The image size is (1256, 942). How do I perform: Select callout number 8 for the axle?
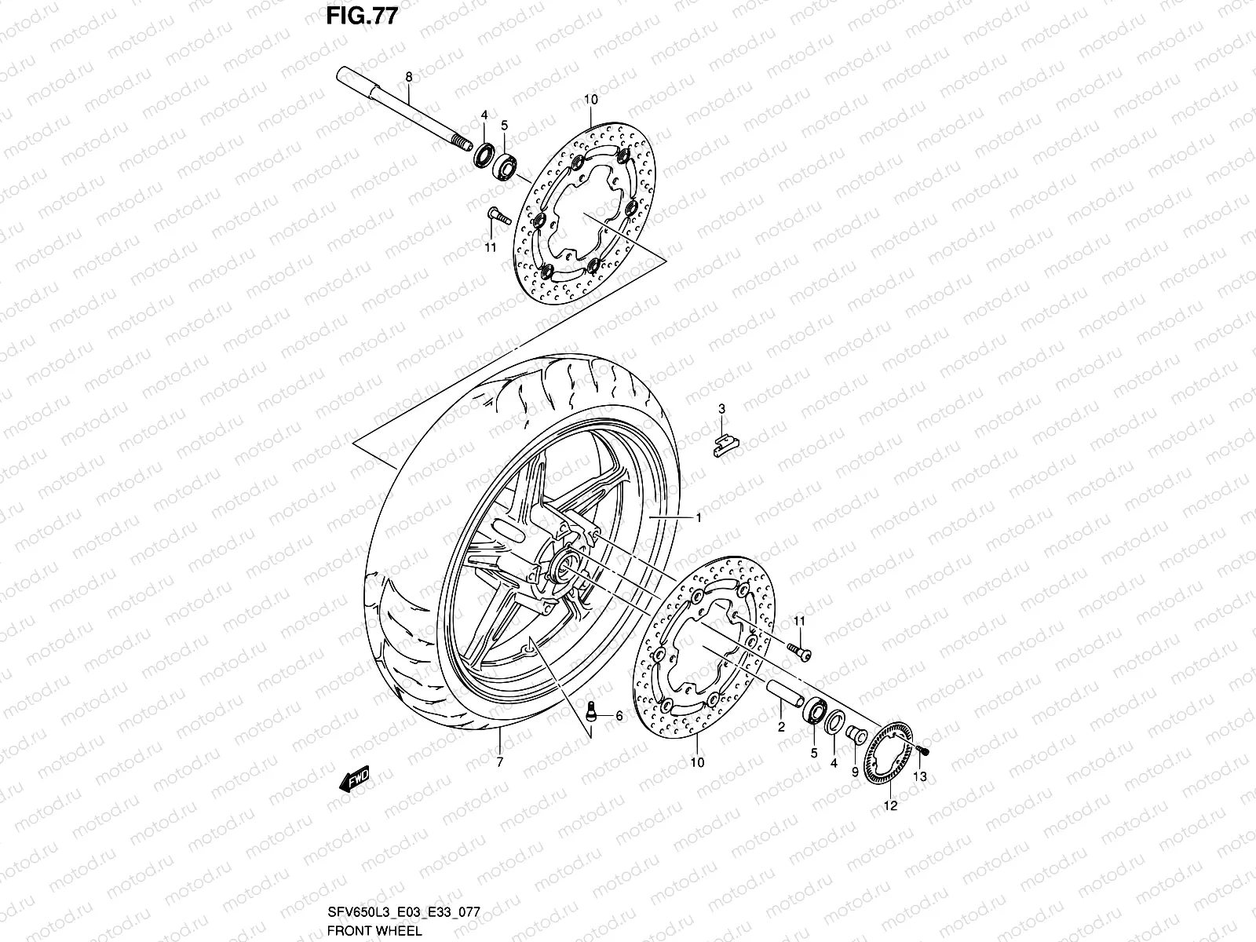click(x=408, y=77)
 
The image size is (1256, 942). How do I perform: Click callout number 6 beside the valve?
click(x=619, y=716)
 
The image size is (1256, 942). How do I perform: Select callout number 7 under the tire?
click(x=499, y=761)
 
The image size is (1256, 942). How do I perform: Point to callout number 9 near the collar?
click(x=855, y=772)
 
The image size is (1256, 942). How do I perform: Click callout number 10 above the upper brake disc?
click(x=591, y=100)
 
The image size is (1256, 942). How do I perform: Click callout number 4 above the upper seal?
click(x=484, y=115)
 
